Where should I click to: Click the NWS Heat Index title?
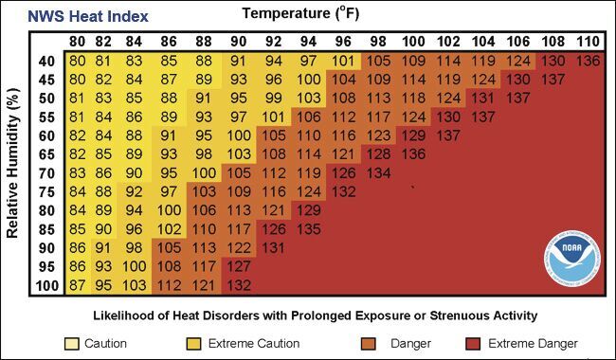(x=88, y=16)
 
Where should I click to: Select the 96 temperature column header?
(x=342, y=42)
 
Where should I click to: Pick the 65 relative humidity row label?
(x=45, y=154)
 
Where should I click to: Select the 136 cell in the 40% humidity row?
(x=588, y=61)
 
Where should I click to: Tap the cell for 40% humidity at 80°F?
(x=78, y=61)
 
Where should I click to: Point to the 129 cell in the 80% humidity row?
(x=308, y=210)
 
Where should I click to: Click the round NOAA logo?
(x=571, y=255)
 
